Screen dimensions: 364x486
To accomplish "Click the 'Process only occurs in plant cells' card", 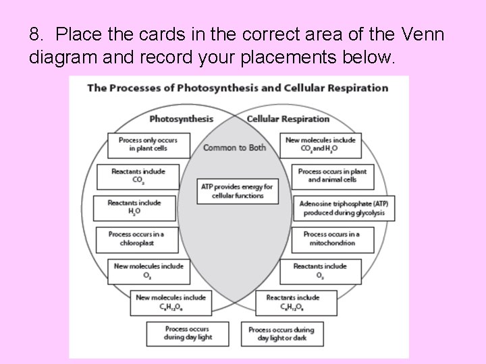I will (148, 145).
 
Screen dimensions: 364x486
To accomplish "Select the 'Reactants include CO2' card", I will (138, 176).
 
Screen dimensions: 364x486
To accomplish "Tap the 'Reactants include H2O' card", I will (134, 207).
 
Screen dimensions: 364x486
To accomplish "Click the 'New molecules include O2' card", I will (148, 270).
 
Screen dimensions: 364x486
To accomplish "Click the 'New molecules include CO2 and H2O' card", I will (321, 145).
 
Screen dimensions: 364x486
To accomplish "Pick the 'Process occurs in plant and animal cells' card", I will (333, 176).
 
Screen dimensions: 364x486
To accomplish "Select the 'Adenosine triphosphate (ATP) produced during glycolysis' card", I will (344, 208).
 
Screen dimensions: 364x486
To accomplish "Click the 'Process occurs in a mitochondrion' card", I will (333, 239).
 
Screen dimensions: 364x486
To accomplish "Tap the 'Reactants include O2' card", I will (320, 270).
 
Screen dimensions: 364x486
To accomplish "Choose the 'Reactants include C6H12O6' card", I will (293, 301).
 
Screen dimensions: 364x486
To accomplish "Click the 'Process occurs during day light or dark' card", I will (281, 333).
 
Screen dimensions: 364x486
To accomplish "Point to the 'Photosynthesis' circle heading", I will (180, 119).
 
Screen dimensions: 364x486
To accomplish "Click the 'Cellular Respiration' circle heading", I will (288, 119).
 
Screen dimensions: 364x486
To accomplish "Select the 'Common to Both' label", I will (234, 148).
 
